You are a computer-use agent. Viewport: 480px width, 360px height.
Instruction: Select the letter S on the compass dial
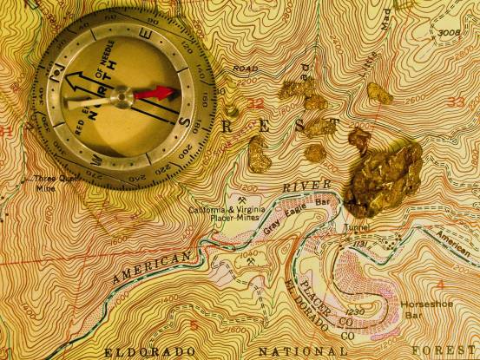[x=187, y=121]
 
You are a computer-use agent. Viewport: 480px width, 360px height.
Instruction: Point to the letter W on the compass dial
[x=96, y=162]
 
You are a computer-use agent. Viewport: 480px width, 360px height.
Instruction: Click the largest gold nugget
[x=382, y=178]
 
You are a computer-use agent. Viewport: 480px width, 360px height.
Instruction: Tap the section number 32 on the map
[x=255, y=103]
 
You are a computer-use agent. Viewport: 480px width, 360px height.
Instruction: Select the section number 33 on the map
[x=455, y=102]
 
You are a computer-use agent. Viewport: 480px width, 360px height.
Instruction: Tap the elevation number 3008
[x=449, y=34]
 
